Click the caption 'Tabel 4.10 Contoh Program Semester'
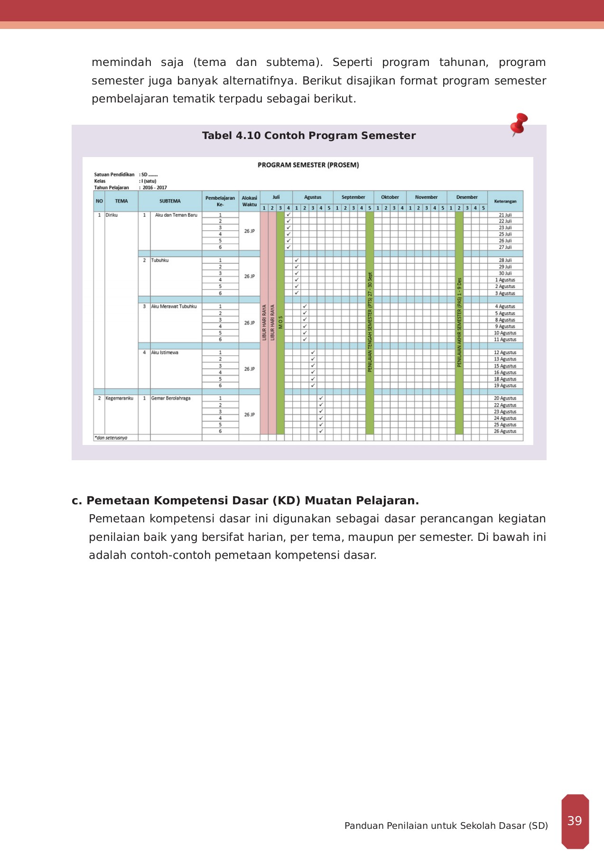click(x=308, y=136)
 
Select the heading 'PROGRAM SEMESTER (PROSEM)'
click(x=308, y=165)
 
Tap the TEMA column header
click(x=121, y=201)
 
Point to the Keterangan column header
click(x=505, y=201)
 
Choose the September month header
click(x=353, y=197)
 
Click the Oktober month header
click(x=390, y=197)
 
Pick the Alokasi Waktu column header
click(x=249, y=201)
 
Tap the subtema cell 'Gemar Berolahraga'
click(x=171, y=398)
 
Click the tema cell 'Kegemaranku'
click(x=119, y=398)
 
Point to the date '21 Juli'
click(x=505, y=215)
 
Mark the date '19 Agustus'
click(x=505, y=386)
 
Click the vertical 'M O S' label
click(x=280, y=322)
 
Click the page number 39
click(x=575, y=821)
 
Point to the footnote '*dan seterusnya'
click(x=111, y=438)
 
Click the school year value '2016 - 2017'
click(x=155, y=187)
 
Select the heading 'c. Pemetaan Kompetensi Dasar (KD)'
click(x=245, y=501)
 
